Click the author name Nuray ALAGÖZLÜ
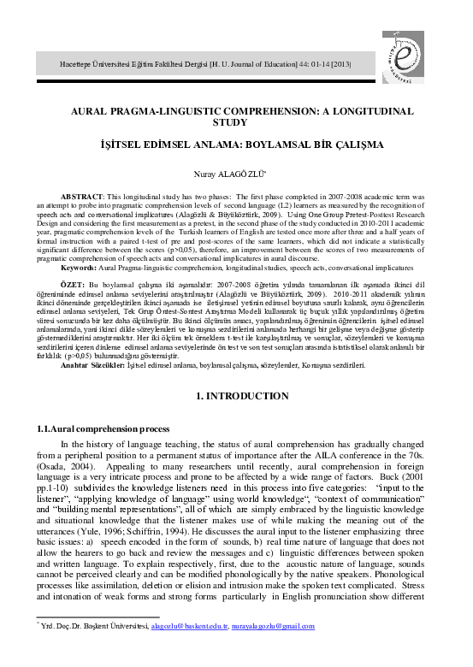[235, 173]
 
